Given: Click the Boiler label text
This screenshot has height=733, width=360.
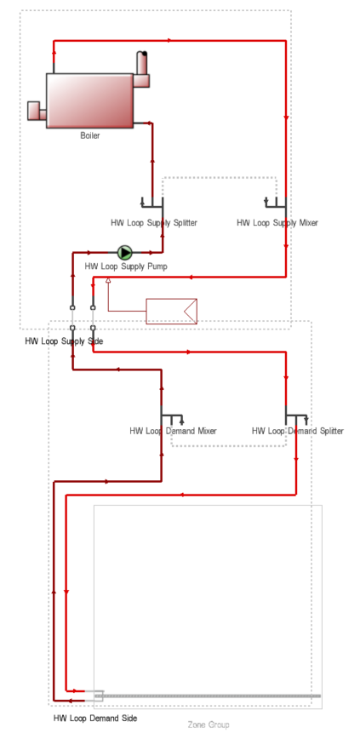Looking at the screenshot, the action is pyautogui.click(x=89, y=135).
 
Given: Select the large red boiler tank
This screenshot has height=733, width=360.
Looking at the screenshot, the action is pyautogui.click(x=89, y=100).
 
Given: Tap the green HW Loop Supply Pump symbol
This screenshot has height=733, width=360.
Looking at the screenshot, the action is pyautogui.click(x=125, y=253).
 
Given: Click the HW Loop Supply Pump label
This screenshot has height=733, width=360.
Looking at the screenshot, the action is pyautogui.click(x=126, y=266).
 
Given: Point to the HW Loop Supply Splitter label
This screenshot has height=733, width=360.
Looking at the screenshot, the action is pyautogui.click(x=154, y=222).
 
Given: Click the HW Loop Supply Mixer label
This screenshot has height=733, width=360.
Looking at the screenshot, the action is pyautogui.click(x=277, y=222).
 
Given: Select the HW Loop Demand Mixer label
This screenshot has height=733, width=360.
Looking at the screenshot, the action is pyautogui.click(x=173, y=431).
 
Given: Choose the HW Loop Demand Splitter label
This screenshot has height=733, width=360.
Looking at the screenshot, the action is pyautogui.click(x=297, y=431).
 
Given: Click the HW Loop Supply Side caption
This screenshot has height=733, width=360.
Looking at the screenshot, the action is pyautogui.click(x=64, y=341).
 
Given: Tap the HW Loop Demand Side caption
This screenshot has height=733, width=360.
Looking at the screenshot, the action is pyautogui.click(x=95, y=718).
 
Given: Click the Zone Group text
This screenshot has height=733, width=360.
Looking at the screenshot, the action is pyautogui.click(x=209, y=724).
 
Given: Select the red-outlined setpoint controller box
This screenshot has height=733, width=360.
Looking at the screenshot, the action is pyautogui.click(x=172, y=311).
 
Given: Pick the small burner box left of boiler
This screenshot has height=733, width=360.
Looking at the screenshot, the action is pyautogui.click(x=37, y=111).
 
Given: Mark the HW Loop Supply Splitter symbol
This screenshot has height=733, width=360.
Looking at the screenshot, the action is pyautogui.click(x=152, y=202).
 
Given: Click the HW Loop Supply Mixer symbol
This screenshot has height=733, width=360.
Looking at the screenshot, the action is pyautogui.click(x=276, y=202).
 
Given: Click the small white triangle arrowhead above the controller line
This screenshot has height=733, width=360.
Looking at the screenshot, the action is pyautogui.click(x=108, y=280).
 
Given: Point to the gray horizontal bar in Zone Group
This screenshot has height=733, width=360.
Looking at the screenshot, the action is pyautogui.click(x=208, y=696).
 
